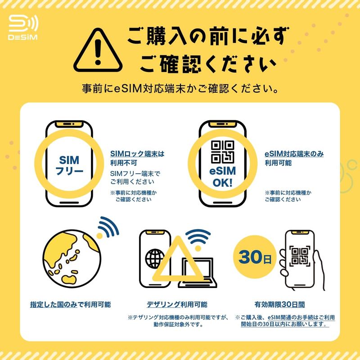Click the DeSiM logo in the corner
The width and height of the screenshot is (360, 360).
pyautogui.click(x=23, y=27)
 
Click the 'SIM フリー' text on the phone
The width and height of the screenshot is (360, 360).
pyautogui.click(x=69, y=165)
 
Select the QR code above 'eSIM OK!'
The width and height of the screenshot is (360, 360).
pyautogui.click(x=222, y=152)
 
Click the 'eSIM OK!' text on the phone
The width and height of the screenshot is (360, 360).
pyautogui.click(x=222, y=177)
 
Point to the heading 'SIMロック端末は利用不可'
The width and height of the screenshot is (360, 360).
pyautogui.click(x=137, y=158)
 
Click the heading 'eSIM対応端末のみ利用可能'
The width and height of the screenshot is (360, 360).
pyautogui.click(x=294, y=158)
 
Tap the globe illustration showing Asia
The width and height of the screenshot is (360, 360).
pyautogui.click(x=72, y=259)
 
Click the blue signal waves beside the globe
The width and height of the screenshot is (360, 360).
pyautogui.click(x=108, y=228)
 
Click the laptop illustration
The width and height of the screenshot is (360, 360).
pyautogui.click(x=198, y=273)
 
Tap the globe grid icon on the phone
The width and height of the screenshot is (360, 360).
pyautogui.click(x=154, y=259)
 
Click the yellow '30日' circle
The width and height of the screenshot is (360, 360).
pyautogui.click(x=255, y=256)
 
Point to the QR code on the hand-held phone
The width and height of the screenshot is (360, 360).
pyautogui.click(x=300, y=256)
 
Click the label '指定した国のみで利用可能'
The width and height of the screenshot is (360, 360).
pyautogui.click(x=71, y=305)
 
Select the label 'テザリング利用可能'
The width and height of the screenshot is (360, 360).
pyautogui.click(x=177, y=305)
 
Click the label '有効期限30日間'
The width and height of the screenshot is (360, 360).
pyautogui.click(x=279, y=305)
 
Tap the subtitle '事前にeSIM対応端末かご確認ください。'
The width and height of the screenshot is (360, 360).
pyautogui.click(x=180, y=89)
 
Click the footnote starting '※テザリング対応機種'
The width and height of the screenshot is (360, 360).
pyautogui.click(x=178, y=321)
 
